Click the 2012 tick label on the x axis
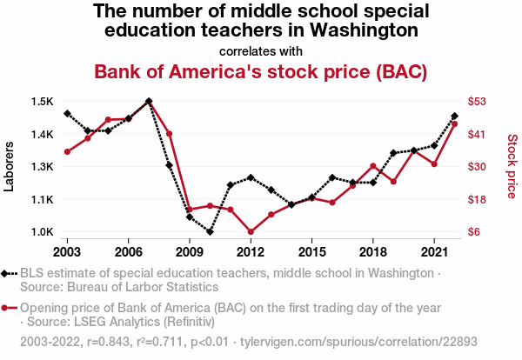[251, 251]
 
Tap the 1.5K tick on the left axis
[43, 102]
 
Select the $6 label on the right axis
[476, 232]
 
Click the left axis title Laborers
[10, 167]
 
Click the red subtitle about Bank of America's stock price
[260, 71]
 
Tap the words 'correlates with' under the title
[260, 50]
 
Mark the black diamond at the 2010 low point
[210, 232]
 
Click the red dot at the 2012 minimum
[251, 232]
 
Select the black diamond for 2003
[67, 114]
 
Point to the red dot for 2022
[454, 124]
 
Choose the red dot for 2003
[67, 151]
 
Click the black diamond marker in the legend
[10, 273]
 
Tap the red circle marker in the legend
[10, 308]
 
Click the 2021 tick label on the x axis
[433, 251]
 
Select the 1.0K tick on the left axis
[43, 232]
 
